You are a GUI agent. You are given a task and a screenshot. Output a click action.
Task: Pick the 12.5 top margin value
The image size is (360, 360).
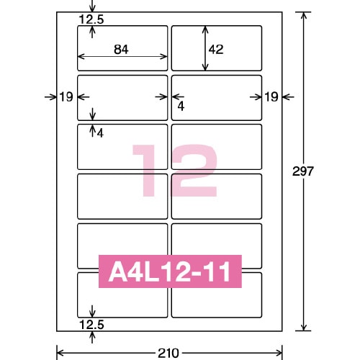click(92, 19)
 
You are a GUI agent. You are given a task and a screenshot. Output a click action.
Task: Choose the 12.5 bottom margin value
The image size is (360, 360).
click(91, 325)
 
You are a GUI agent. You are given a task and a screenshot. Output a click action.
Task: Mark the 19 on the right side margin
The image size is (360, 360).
click(271, 96)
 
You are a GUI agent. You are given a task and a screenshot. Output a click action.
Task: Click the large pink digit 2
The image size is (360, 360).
click(193, 171)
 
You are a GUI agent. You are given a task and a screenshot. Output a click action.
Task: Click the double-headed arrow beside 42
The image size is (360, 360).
click(205, 48)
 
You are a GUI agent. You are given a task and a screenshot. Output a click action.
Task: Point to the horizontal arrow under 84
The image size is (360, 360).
click(122, 58)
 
